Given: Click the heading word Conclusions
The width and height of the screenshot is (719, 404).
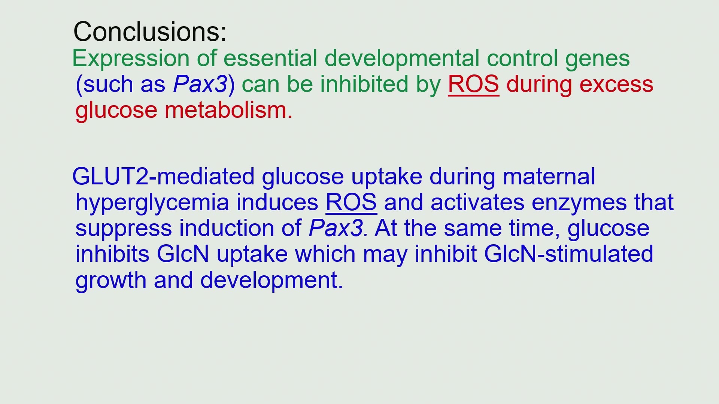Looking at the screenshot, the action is click(x=150, y=31).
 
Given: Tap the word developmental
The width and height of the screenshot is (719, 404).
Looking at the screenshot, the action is click(x=401, y=59).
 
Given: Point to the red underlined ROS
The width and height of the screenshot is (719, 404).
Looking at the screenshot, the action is click(x=473, y=84).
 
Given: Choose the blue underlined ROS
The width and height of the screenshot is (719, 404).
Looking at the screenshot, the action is click(x=351, y=203).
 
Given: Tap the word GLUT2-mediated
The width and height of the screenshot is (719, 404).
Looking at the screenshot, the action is click(x=163, y=177).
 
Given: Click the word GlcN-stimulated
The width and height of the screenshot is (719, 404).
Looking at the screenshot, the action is click(x=568, y=254).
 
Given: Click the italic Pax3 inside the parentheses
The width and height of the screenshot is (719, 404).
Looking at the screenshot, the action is click(x=200, y=84).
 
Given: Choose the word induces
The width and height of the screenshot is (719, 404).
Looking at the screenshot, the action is click(x=277, y=203).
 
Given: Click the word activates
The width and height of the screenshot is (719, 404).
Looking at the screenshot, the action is click(x=477, y=203).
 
